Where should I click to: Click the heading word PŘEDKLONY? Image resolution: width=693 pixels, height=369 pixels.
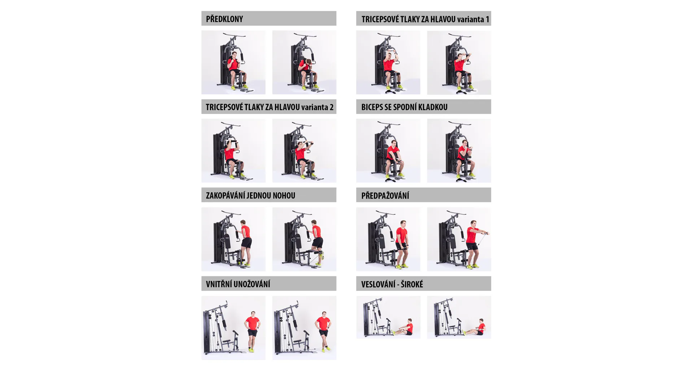tap(224, 19)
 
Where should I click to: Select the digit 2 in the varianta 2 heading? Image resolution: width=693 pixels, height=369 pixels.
tap(331, 107)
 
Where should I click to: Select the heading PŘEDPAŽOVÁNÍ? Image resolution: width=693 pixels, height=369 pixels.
tap(385, 195)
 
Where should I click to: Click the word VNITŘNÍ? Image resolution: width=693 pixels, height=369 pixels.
tap(219, 284)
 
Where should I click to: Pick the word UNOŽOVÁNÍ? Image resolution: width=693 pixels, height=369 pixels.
tap(252, 284)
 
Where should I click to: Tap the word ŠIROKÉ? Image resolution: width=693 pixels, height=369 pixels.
tap(412, 284)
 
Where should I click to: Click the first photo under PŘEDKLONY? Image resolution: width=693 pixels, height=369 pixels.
tap(234, 62)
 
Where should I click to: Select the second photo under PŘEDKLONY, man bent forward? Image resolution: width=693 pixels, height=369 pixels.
tap(304, 62)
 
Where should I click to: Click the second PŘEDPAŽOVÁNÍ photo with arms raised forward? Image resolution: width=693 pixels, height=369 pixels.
tap(459, 239)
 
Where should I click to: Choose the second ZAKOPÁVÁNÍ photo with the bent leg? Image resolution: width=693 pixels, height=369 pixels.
tap(304, 239)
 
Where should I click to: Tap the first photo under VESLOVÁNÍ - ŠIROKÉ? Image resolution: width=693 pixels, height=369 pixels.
tap(388, 317)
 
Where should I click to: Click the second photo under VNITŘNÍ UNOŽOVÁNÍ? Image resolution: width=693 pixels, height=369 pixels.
tap(304, 328)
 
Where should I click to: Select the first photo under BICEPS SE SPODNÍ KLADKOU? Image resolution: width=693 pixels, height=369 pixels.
tap(388, 151)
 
